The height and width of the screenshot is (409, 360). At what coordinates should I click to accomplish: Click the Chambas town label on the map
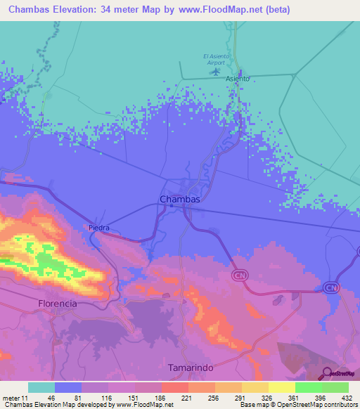click(180, 200)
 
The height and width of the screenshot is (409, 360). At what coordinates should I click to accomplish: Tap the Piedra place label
click(100, 228)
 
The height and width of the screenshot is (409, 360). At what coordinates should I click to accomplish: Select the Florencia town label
click(57, 304)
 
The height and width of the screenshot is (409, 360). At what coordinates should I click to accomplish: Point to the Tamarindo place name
click(191, 368)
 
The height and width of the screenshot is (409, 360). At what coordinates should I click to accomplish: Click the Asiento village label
click(238, 79)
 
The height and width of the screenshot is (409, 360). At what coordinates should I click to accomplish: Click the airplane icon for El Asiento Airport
click(216, 71)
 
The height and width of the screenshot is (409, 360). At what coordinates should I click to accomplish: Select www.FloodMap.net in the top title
click(222, 10)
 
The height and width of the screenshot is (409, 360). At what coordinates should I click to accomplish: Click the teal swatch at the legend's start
click(41, 387)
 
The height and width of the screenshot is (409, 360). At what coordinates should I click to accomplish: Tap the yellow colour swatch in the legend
click(281, 387)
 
